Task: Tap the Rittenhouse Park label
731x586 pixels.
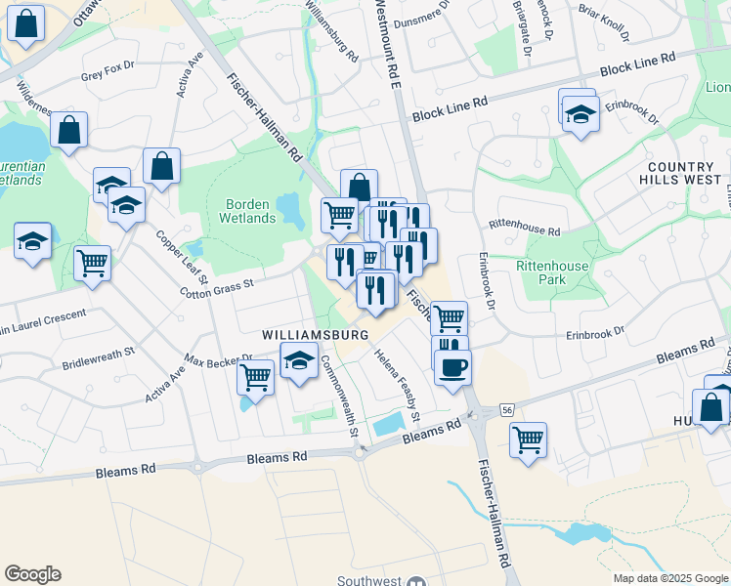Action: [554, 272]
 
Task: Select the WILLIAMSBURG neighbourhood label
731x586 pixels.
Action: [315, 335]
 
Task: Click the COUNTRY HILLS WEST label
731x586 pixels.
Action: [680, 174]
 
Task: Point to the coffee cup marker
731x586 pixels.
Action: [451, 368]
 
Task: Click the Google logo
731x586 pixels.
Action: [32, 574]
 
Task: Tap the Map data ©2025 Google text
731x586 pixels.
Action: [670, 578]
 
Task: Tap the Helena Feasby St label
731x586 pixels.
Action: [399, 386]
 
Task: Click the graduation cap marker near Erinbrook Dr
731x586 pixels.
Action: [580, 115]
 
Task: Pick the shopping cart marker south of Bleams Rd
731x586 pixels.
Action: [528, 439]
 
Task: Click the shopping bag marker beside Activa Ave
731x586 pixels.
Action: [162, 167]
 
